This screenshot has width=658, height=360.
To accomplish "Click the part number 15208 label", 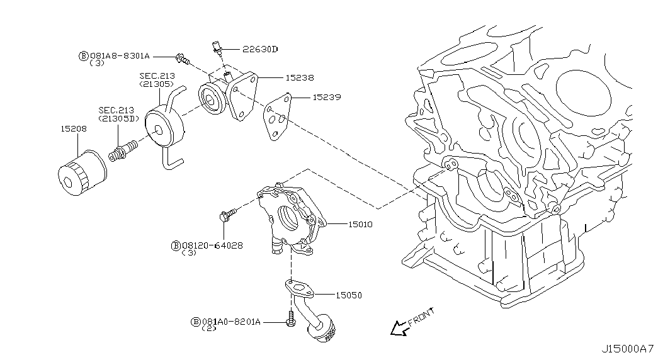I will click(74, 128).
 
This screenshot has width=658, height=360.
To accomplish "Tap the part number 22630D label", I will click(260, 49).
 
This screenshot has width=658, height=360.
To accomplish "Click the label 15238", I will click(300, 78).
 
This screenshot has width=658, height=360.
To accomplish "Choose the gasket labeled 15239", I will click(276, 116).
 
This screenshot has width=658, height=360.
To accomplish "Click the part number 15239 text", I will click(327, 98).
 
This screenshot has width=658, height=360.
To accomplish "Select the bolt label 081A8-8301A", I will click(119, 56).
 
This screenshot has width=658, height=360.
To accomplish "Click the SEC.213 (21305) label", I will click(157, 79).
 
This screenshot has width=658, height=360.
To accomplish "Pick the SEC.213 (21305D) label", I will click(116, 114).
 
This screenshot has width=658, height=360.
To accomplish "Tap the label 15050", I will click(349, 295).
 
